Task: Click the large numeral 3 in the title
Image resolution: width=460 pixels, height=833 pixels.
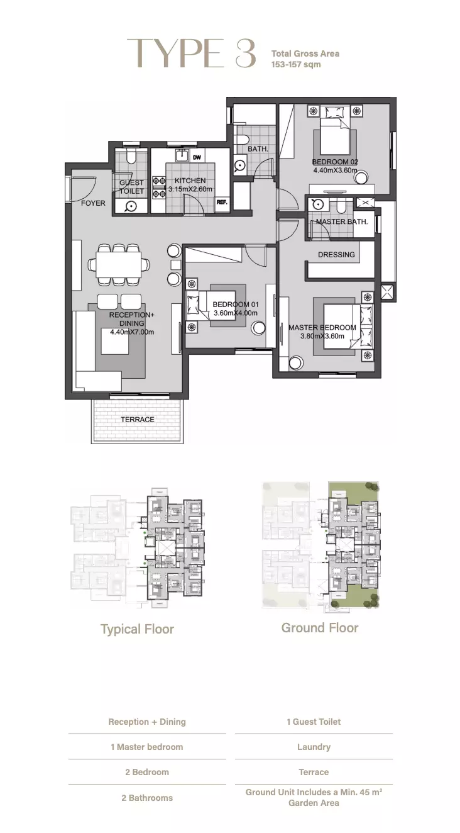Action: click(246, 53)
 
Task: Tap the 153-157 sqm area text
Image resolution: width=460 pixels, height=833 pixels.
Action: click(296, 64)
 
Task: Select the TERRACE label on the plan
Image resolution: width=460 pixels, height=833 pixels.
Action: click(138, 420)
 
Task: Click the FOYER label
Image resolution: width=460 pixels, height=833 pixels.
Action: click(93, 203)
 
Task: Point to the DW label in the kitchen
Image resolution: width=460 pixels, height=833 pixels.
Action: click(197, 157)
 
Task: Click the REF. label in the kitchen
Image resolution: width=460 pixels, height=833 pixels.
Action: click(222, 203)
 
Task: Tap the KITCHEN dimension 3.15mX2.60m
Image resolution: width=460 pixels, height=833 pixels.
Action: click(190, 189)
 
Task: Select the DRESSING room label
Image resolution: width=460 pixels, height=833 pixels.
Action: click(336, 255)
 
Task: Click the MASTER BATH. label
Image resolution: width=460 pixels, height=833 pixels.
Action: click(342, 221)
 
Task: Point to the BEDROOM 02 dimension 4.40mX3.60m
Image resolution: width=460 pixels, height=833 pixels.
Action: click(336, 171)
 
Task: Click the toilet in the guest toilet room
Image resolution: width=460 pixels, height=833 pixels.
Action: click(131, 157)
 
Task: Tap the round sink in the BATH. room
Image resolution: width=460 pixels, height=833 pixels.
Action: click(240, 166)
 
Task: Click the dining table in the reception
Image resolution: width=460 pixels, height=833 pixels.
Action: click(119, 264)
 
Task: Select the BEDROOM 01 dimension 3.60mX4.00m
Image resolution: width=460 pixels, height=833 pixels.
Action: click(236, 313)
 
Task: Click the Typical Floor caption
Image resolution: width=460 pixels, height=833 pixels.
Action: click(137, 629)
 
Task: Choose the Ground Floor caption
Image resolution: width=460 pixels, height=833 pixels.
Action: click(320, 628)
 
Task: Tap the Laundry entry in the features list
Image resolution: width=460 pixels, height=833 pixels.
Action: click(314, 747)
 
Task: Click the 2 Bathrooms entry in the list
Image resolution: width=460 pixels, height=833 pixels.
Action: click(147, 798)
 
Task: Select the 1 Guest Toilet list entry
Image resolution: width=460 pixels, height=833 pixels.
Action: click(314, 722)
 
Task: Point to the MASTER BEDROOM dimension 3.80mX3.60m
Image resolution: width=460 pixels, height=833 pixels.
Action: click(322, 336)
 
